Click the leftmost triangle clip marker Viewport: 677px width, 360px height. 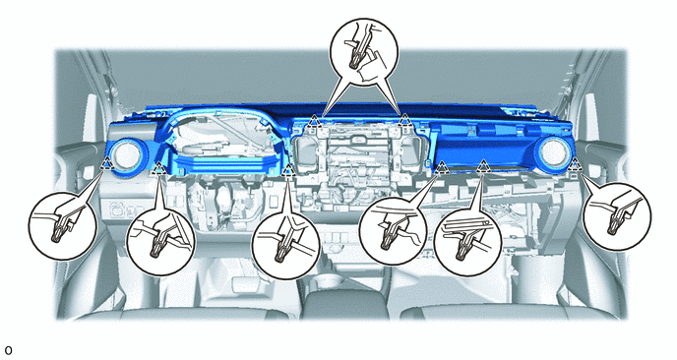click(107, 163)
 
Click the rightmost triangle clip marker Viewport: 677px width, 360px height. click(575, 163)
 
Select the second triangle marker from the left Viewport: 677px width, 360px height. click(159, 167)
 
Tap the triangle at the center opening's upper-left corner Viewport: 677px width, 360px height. click(315, 120)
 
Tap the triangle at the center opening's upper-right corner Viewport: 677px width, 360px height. click(404, 120)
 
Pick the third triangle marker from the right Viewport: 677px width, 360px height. click(442, 166)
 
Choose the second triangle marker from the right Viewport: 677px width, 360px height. click(483, 165)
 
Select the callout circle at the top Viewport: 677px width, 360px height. click(364, 52)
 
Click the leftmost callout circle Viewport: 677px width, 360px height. click(63, 226)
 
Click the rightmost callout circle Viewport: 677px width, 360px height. click(617, 216)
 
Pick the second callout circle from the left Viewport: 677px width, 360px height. click(161, 241)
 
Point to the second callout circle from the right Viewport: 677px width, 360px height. click(468, 242)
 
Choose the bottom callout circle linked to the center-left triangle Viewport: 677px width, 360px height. click(285, 245)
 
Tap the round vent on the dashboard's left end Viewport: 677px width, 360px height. click(126, 155)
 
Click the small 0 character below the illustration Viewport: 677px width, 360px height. click(8, 350)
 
